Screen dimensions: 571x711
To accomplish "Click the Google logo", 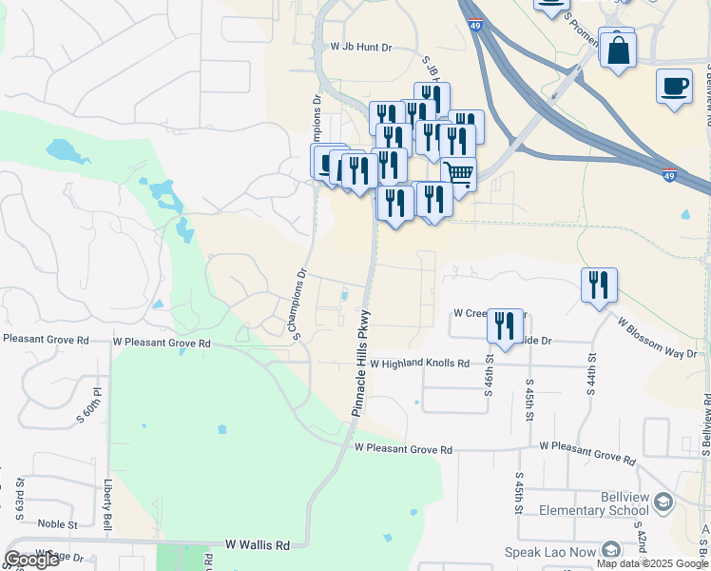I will pos(31,560).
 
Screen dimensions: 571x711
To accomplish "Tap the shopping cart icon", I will pos(459,174).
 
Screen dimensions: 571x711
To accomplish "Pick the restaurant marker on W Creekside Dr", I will pos(505,325).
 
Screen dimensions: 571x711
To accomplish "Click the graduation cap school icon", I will pos(663,502).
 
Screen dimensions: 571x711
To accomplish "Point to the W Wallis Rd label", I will pos(257,545).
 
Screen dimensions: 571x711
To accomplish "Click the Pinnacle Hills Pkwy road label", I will pos(362,363).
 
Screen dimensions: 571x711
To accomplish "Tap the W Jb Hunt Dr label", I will pos(360,46).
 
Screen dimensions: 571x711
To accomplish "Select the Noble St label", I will pos(57,524).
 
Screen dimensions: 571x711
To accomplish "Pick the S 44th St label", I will pos(591,375).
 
